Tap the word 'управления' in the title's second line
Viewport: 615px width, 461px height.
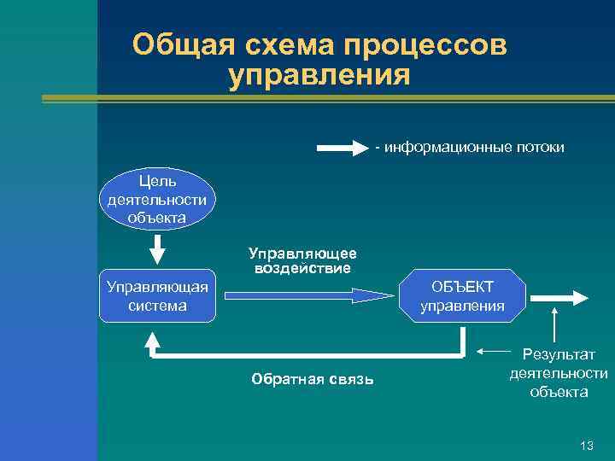click(x=319, y=76)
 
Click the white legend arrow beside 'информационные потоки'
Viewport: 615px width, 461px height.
click(x=342, y=148)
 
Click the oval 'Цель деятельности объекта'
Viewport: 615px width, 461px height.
click(x=158, y=199)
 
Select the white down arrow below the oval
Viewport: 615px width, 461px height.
click(x=158, y=248)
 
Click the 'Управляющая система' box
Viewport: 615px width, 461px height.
click(x=157, y=295)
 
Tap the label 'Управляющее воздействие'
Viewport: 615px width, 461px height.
click(x=302, y=260)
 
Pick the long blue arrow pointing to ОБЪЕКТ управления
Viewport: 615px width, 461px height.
click(x=307, y=295)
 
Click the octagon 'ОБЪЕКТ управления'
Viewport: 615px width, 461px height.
click(x=461, y=295)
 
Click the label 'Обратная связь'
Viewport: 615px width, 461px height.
click(x=313, y=379)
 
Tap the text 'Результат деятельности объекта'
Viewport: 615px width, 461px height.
click(x=559, y=373)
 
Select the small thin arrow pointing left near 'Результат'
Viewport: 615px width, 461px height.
click(x=493, y=351)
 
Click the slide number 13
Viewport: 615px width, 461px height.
click(x=586, y=446)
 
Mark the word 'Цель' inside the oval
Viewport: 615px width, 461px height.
click(x=157, y=181)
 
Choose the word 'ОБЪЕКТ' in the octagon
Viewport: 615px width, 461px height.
click(x=461, y=285)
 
